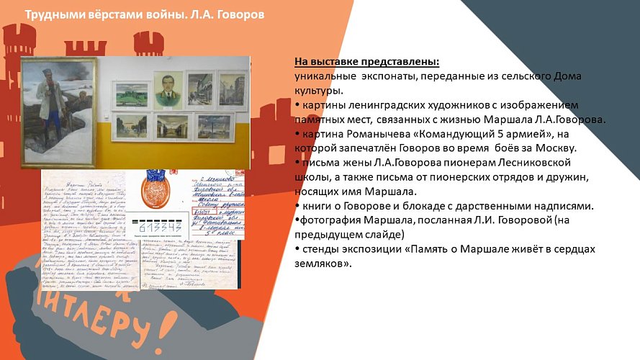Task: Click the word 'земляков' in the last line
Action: [322, 264]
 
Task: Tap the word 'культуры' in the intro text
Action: [317, 91]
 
